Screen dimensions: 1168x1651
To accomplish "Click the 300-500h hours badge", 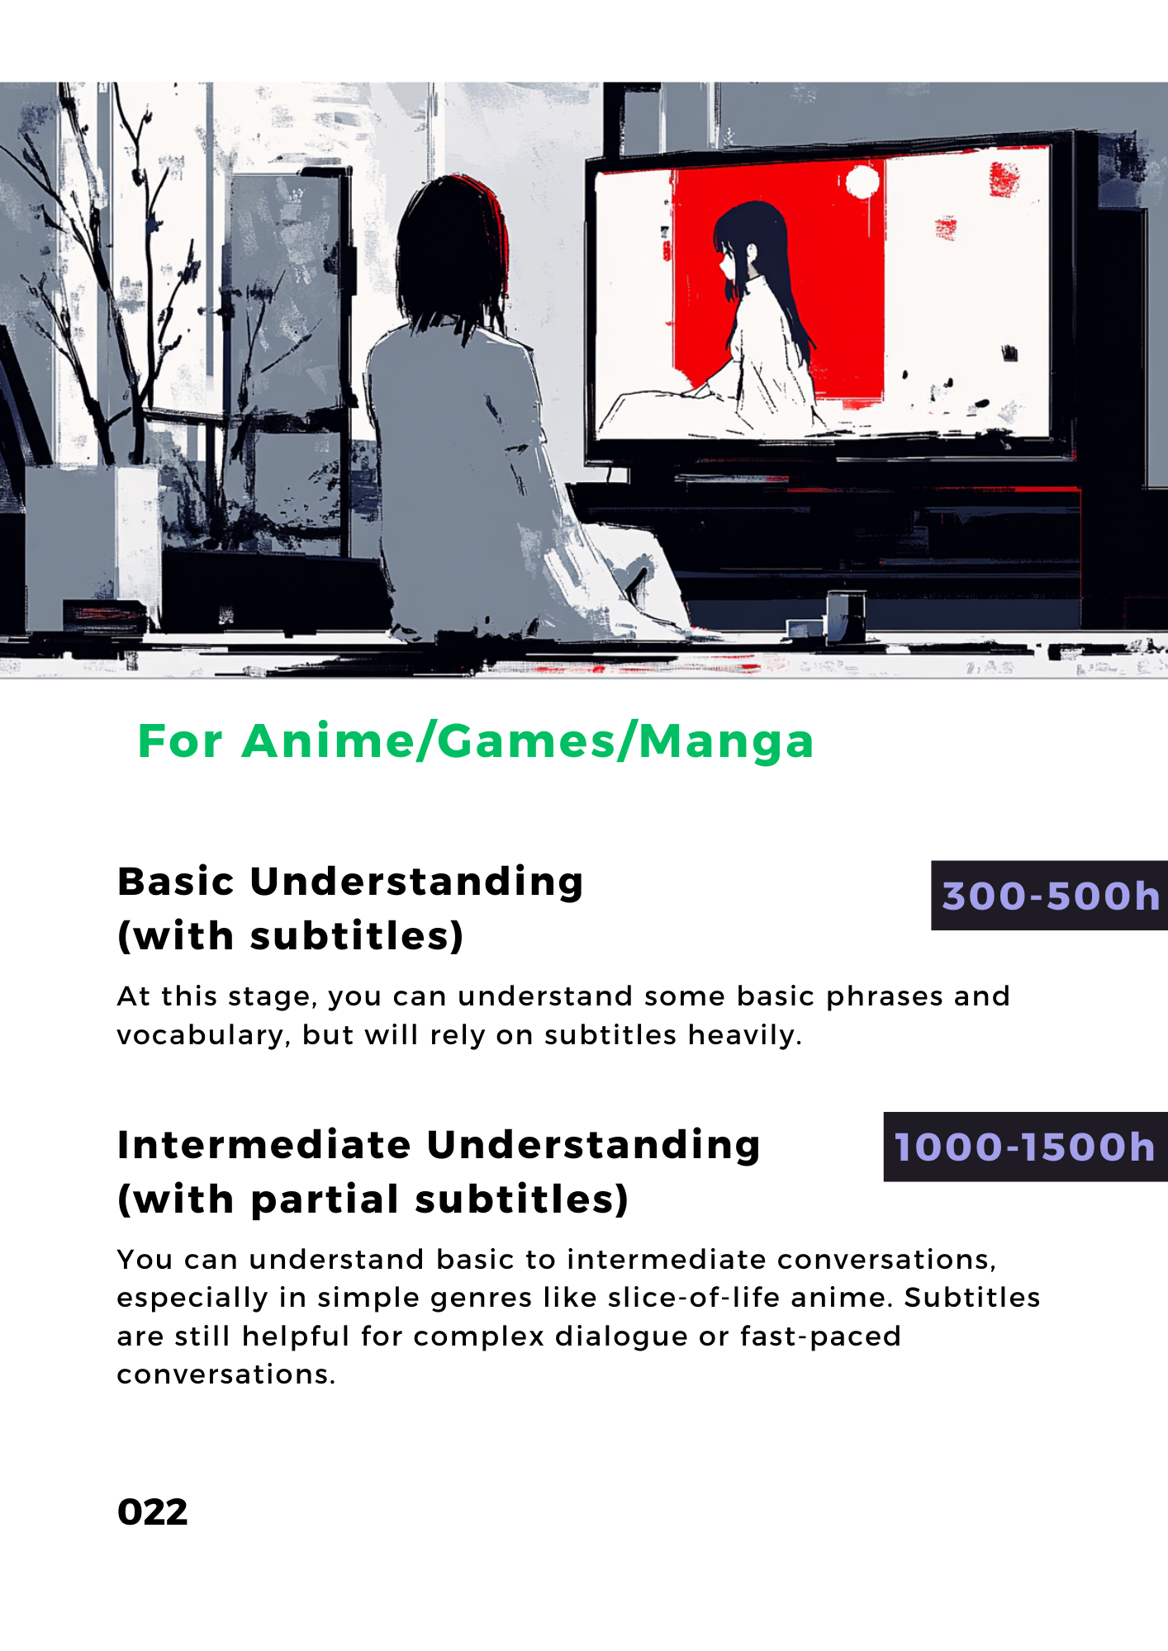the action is point(1050,896).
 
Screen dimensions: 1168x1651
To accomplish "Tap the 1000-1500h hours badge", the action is point(1026,1147).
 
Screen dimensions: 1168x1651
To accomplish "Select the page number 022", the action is point(153,1512).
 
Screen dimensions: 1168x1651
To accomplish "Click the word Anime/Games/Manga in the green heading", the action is point(528,741).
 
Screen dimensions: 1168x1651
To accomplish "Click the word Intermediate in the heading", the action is point(264,1145).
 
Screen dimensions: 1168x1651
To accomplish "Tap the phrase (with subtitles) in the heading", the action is point(291,936).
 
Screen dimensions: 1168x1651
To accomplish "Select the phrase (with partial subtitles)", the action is point(373,1199).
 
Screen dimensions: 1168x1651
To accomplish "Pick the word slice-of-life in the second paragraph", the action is point(694,1298).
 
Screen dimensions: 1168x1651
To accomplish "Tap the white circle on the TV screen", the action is point(862,181).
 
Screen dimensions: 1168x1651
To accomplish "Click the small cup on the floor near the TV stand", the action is point(845,615).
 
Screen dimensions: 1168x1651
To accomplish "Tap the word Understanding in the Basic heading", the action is point(417,882).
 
